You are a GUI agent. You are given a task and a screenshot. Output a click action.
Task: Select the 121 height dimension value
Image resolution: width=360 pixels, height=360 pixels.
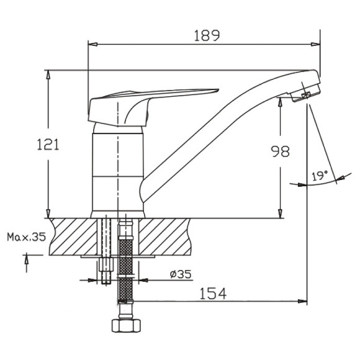[x=48, y=145]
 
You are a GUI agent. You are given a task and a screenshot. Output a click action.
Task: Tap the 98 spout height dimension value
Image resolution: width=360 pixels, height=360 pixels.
[x=281, y=151]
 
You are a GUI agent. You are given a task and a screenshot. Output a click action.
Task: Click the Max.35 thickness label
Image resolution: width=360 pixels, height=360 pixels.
[x=27, y=236]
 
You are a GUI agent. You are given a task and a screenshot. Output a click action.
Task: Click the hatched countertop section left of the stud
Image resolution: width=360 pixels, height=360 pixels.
[x=71, y=236]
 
